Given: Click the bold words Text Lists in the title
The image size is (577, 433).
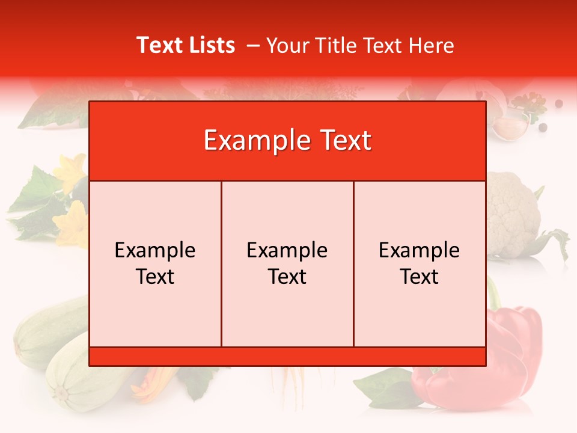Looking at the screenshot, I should [186, 45].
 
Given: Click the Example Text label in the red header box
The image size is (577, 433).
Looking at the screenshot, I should [287, 141].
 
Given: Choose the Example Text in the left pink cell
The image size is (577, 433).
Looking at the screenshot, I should [155, 263].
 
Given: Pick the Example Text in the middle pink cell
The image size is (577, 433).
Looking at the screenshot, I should [287, 263].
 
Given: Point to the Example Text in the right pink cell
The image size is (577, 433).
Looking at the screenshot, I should [420, 263].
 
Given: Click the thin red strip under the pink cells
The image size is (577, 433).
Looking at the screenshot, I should [287, 357].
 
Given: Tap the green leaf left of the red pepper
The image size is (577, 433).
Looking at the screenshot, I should [385, 385].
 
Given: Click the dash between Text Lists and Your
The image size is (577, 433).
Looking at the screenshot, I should [253, 45].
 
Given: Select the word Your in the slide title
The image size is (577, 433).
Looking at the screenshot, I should [286, 45].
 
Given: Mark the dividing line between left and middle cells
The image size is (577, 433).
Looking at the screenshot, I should [221, 263].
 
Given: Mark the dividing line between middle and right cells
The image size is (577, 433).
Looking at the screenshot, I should [353, 263].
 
